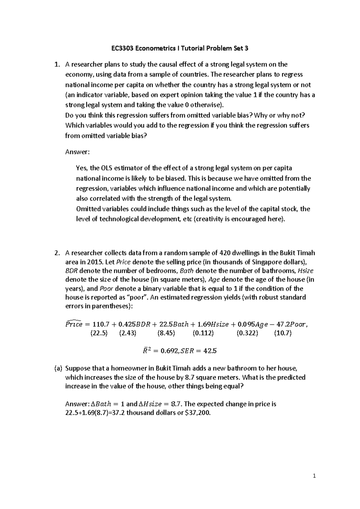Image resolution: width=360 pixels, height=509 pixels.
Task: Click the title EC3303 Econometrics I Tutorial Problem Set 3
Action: (180, 48)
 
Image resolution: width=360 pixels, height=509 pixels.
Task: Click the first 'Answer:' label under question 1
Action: (77, 152)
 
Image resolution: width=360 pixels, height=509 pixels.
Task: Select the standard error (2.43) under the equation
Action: (127, 333)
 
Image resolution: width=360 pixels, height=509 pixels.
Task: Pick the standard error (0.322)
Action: (247, 333)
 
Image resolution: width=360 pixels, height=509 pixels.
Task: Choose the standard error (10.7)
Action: (283, 333)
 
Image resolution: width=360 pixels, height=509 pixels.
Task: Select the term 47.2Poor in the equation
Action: (289, 324)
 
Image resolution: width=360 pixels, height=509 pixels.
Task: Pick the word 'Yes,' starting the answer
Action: (82, 168)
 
